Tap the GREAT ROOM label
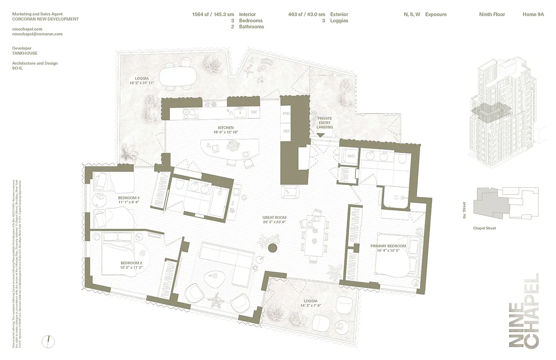point(274,218)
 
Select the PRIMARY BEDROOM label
point(388,246)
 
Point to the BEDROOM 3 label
point(129,198)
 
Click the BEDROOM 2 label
point(131,263)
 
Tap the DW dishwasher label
point(254,112)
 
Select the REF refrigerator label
point(286,131)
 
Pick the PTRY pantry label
point(286,114)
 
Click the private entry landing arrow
point(320,135)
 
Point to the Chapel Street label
point(484,228)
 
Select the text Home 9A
point(533,14)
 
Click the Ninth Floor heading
point(492,14)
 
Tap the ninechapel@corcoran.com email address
point(37,34)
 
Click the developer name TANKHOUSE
point(25,53)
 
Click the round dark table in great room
point(273,248)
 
